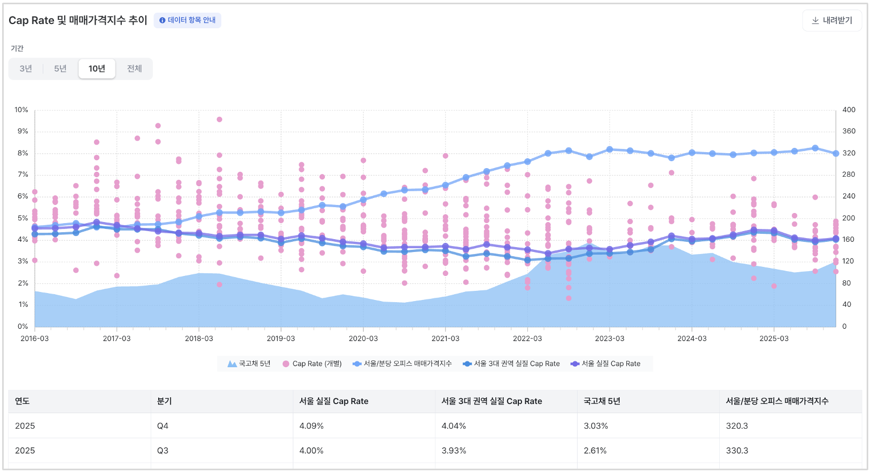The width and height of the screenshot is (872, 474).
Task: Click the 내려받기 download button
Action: pos(832,20)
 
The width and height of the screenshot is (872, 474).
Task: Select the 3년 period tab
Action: pos(26,69)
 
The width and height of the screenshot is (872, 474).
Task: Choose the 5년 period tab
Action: pos(60,69)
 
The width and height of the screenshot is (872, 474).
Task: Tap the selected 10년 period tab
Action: pos(97,69)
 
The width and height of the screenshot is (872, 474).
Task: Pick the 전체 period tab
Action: pos(134,69)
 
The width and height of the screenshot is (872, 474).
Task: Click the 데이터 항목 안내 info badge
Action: pos(188,20)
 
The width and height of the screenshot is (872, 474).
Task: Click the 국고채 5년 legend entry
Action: pos(249,364)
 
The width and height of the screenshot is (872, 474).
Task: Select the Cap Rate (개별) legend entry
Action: pos(312,364)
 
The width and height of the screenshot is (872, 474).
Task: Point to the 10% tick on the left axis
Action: pos(21,110)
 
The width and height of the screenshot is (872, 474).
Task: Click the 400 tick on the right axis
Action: pos(848,110)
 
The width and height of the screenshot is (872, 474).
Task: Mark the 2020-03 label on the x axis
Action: pos(363,338)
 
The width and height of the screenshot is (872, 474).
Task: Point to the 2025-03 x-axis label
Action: pos(774,338)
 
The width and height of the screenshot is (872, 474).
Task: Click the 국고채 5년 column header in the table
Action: pos(602,401)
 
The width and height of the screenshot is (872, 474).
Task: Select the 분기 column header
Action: pos(164,401)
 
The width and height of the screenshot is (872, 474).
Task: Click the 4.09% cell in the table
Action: pos(312,426)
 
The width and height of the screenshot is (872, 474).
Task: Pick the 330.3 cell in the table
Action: pos(737,451)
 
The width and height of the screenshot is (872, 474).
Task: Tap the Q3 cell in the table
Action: pos(162,451)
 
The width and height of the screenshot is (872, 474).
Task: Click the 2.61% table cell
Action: pos(595,451)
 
